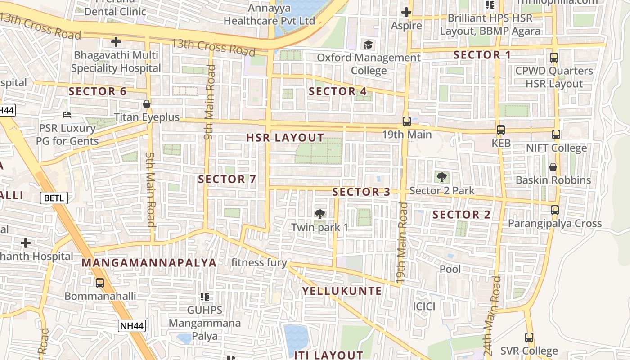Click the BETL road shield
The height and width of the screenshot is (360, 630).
point(54,198)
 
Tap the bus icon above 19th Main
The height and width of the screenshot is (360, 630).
point(406,121)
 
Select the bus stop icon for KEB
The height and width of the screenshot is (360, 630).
point(501,130)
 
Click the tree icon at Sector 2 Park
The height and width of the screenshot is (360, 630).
point(441,177)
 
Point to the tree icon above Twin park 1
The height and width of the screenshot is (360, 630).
point(320,214)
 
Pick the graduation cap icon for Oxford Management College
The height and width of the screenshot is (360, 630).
point(369,45)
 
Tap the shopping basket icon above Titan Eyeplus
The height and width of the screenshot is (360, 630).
point(146,104)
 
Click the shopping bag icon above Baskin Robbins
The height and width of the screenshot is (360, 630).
point(553,167)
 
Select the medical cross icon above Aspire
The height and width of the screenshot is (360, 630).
point(406,12)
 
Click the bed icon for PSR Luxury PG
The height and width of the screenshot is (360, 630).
point(67,115)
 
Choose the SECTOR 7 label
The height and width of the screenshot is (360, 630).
point(227,179)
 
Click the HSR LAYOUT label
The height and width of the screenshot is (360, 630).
point(285,138)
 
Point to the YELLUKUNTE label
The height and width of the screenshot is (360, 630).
point(342,291)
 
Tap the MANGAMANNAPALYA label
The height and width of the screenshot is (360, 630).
point(149,262)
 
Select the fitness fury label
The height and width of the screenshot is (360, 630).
point(259,262)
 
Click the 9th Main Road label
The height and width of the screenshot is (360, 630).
point(209,103)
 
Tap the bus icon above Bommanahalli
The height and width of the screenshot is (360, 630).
point(100,283)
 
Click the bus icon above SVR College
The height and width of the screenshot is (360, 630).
point(529,337)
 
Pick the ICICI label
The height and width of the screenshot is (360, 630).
point(424,306)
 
